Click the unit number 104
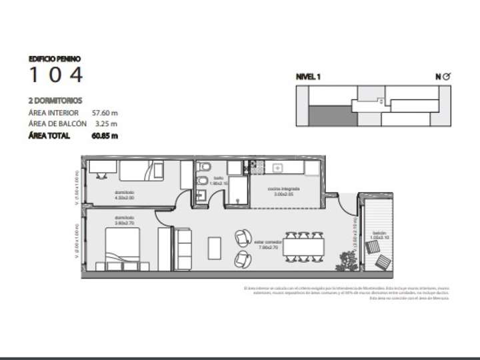(56, 75)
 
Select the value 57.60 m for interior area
(105, 113)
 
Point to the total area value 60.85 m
(105, 136)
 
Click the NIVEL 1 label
(308, 77)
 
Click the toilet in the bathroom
(205, 167)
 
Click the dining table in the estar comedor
(305, 246)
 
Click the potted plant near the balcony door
(347, 259)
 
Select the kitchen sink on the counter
(277, 167)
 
